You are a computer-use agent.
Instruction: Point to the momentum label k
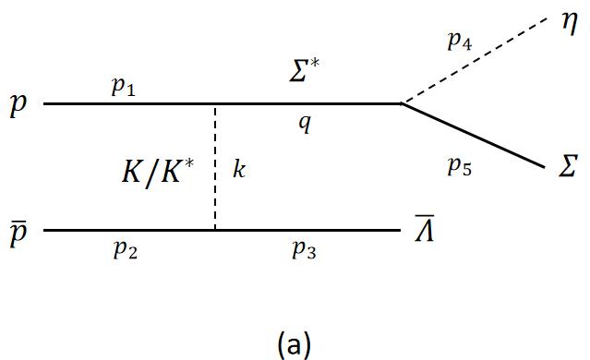pyautogui.click(x=240, y=171)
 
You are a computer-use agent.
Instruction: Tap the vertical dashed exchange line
pyautogui.click(x=215, y=166)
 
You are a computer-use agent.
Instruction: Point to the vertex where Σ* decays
pyautogui.click(x=401, y=103)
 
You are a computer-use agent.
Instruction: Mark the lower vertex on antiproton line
pyautogui.click(x=215, y=230)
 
